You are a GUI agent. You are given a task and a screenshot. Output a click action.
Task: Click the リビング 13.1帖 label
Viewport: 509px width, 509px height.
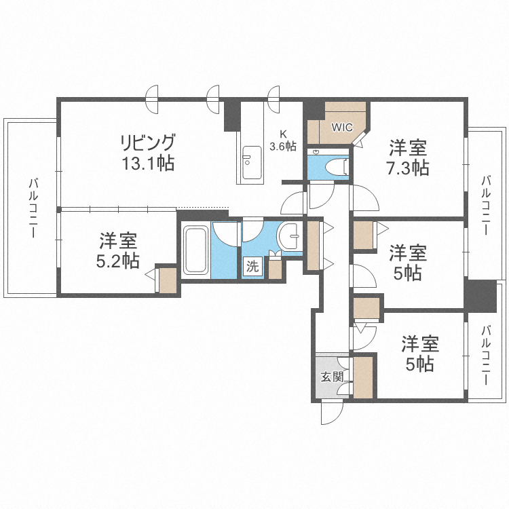tap(147, 153)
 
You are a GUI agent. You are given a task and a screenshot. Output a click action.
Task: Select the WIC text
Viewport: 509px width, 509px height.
tap(341, 127)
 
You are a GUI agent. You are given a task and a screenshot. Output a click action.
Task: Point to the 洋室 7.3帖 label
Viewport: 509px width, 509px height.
tap(408, 157)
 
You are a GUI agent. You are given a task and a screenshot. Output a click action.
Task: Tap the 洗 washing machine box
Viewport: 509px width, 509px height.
tap(252, 267)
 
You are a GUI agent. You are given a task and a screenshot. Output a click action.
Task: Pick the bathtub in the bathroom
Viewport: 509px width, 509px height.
tap(195, 249)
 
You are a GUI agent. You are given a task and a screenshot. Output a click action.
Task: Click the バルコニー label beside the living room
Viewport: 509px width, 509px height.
tap(32, 207)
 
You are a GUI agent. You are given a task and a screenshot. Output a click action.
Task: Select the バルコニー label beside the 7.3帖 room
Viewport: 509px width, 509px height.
tap(485, 204)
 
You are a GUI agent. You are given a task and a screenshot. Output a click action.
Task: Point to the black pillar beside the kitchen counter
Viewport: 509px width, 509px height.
tap(232, 115)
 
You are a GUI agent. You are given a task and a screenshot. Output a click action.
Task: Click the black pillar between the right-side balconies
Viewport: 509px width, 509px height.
tap(480, 296)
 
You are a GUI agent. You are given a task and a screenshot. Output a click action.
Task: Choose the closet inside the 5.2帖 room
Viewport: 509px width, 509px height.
tap(168, 280)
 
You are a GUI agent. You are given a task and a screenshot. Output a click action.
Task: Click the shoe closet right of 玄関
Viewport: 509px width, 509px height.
tap(363, 377)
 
